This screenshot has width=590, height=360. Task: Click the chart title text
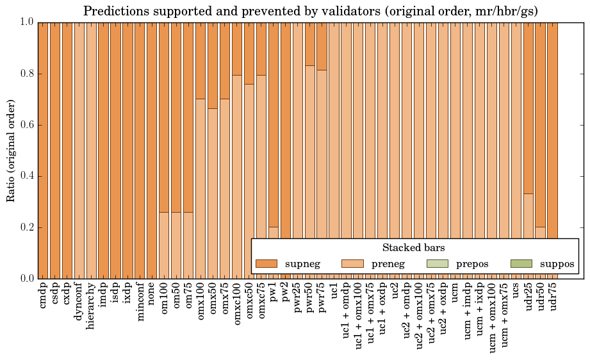point(311,11)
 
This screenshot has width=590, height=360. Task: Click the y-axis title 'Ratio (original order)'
point(11,150)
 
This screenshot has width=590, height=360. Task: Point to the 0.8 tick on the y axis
point(26,74)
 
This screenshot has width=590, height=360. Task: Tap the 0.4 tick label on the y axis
point(26,176)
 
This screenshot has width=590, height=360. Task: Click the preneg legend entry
point(372,263)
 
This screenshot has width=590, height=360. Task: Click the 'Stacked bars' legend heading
point(413,248)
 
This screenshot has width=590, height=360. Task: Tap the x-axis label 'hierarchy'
point(92,302)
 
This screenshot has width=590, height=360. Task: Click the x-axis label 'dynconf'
point(79,299)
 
